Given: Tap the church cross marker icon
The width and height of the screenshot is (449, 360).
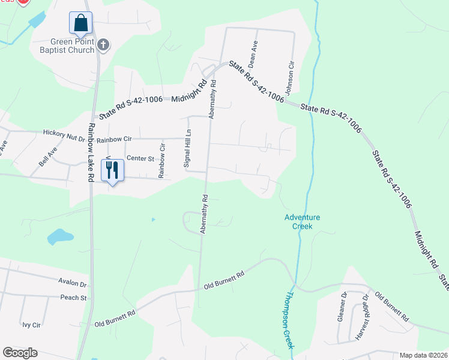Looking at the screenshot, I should tap(103, 44).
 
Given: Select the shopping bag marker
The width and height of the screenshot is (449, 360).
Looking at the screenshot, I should tap(80, 23).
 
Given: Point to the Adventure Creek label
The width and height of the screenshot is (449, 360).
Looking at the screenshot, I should tap(303, 221).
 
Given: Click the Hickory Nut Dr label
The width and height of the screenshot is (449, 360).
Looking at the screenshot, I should tap(64, 136).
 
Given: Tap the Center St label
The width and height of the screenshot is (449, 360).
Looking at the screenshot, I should tap(140, 158).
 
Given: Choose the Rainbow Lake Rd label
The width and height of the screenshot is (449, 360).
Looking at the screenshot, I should tap(91, 152).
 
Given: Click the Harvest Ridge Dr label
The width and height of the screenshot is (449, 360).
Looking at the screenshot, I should tap(363, 317).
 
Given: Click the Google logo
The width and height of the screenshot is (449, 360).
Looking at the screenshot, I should tap(20, 353).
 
